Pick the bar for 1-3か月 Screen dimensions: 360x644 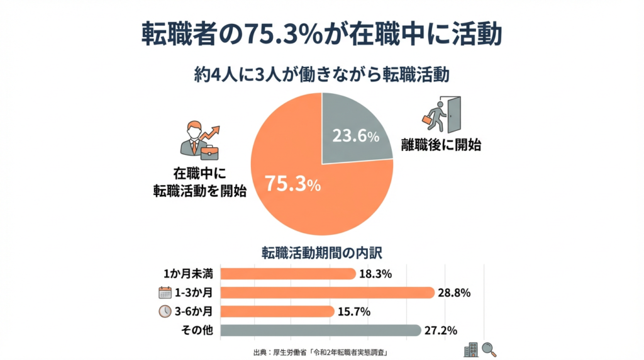click(x=327, y=293)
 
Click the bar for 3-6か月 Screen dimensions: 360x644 click(x=277, y=312)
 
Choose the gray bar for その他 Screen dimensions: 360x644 click(x=321, y=330)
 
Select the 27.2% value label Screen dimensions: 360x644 click(x=442, y=330)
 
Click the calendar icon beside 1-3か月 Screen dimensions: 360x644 click(x=165, y=293)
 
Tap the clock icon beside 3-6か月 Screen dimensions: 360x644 click(x=165, y=312)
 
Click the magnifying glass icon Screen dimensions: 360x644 click(x=489, y=349)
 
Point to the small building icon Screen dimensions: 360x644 click(x=470, y=349)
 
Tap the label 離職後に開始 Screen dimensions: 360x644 click(x=441, y=145)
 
